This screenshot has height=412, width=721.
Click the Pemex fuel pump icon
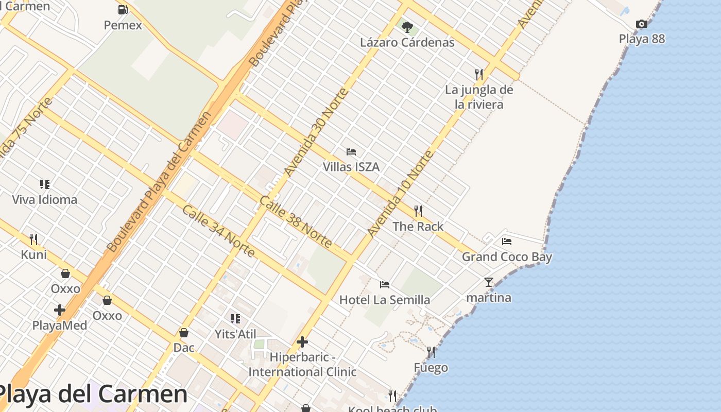click(x=123, y=10)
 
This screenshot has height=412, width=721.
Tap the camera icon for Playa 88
click(x=641, y=24)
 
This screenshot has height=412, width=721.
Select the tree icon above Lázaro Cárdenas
click(x=407, y=27)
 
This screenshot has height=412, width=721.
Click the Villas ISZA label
click(x=351, y=167)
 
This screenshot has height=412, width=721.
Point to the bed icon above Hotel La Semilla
click(x=385, y=285)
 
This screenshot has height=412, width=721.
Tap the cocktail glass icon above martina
click(x=489, y=282)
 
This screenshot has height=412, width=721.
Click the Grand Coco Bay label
click(x=507, y=257)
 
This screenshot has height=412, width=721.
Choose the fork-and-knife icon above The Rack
click(x=418, y=211)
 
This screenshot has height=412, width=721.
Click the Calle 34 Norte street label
click(x=218, y=231)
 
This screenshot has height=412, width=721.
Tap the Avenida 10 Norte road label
click(x=401, y=194)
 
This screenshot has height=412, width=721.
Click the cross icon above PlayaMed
click(x=60, y=310)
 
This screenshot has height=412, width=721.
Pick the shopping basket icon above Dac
click(x=184, y=333)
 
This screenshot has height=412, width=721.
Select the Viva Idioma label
click(x=45, y=200)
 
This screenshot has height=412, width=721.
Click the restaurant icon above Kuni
click(x=33, y=239)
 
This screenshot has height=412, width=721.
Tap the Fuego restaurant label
click(x=431, y=368)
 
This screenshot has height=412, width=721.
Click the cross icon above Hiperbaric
click(x=302, y=342)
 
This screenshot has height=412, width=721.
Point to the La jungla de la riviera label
click(x=479, y=97)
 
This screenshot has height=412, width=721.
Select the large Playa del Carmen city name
click(x=93, y=394)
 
